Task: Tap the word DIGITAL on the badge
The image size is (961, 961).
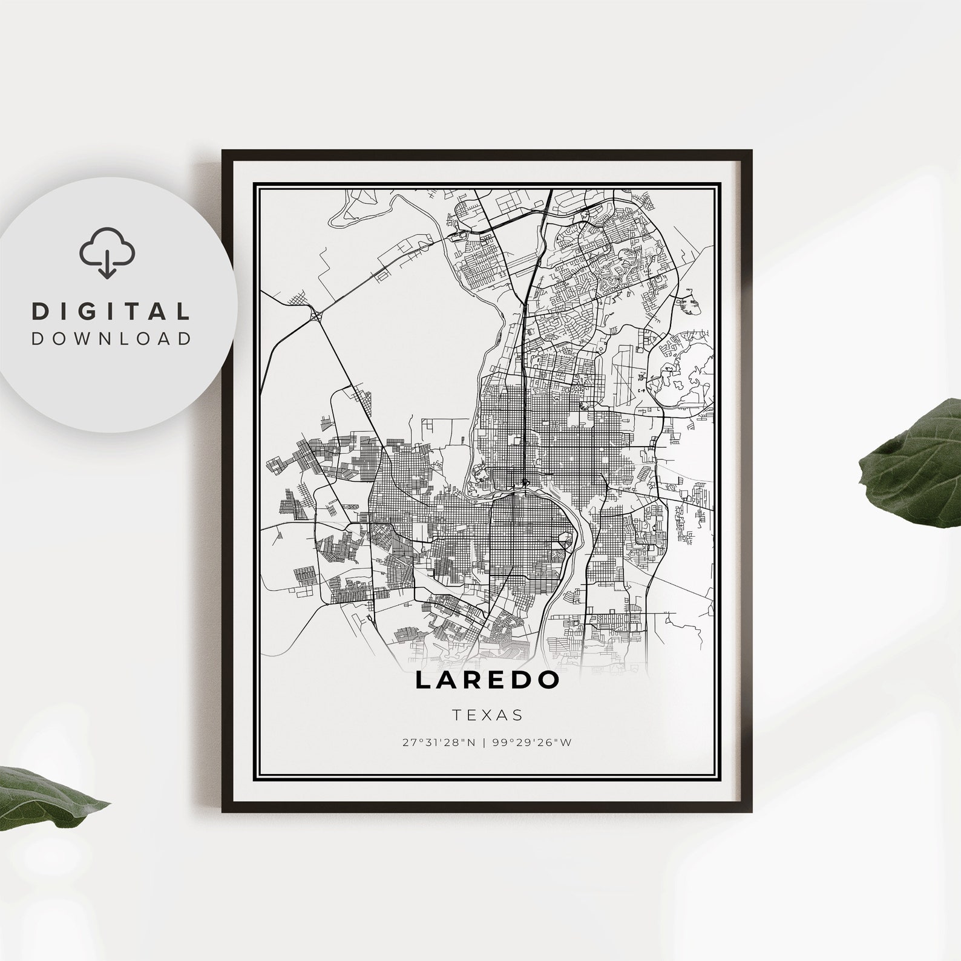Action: pyautogui.click(x=111, y=312)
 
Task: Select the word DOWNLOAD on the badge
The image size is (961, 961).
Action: pyautogui.click(x=111, y=338)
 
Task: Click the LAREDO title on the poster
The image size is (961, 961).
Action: pyautogui.click(x=487, y=680)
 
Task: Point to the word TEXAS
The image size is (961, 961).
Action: pyautogui.click(x=487, y=715)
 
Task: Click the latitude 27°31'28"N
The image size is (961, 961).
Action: pyautogui.click(x=439, y=743)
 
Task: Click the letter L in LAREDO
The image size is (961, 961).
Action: pyautogui.click(x=422, y=680)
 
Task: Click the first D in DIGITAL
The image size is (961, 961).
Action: pyautogui.click(x=39, y=312)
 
